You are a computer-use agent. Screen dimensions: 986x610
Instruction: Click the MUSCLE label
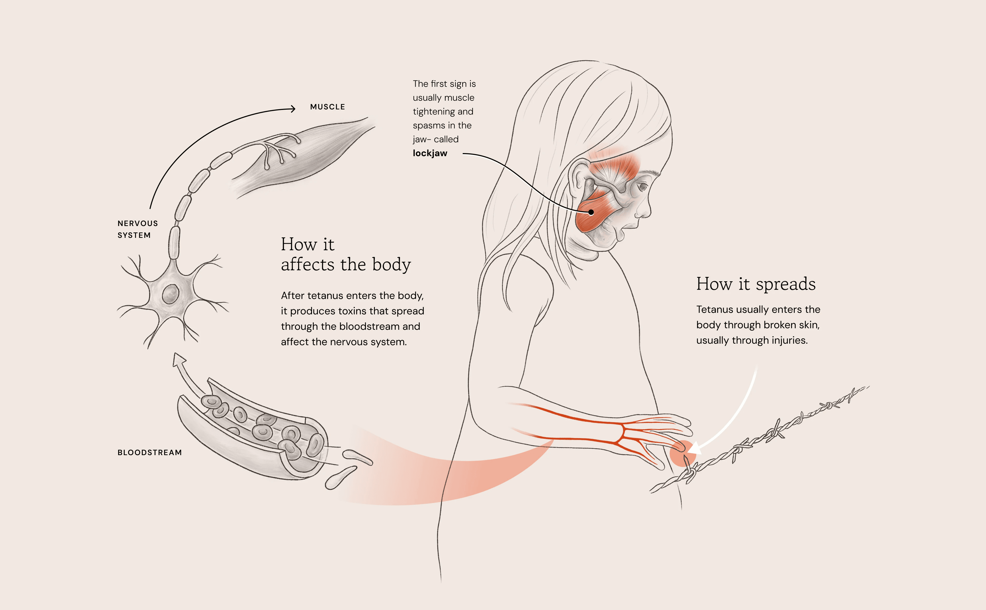327,107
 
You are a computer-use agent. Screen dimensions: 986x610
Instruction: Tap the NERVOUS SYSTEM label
138,229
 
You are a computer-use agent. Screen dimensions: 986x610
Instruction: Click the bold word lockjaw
430,153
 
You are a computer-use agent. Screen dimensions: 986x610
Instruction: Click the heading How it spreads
756,284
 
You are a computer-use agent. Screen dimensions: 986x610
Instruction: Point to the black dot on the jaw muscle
591,212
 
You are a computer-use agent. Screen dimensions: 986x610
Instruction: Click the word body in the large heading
391,265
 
